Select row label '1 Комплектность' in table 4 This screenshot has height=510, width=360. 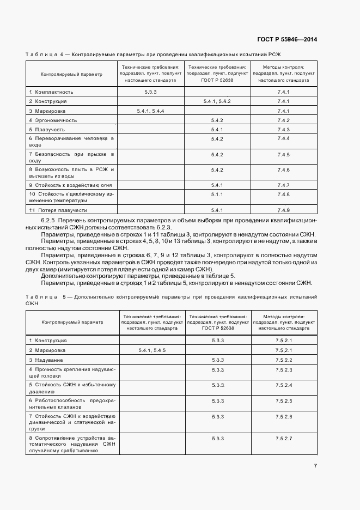click(x=51, y=92)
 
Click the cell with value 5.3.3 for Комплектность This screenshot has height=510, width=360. click(x=151, y=92)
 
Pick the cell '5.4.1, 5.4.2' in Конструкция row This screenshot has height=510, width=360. click(x=217, y=101)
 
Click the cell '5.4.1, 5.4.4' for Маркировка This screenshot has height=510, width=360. click(x=151, y=111)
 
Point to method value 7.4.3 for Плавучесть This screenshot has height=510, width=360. click(x=283, y=129)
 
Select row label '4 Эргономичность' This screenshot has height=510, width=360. click(x=53, y=120)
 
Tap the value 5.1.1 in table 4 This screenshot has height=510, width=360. click(x=217, y=195)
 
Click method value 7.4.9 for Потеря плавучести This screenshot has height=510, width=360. click(x=283, y=210)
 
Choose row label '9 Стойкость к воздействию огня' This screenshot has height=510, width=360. click(x=70, y=185)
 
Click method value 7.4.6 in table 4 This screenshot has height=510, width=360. click(x=283, y=170)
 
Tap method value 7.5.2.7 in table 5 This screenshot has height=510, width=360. click(x=284, y=439)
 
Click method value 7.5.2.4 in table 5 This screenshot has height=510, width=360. click(x=284, y=385)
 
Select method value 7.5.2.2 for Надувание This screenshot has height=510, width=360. click(x=284, y=360)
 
